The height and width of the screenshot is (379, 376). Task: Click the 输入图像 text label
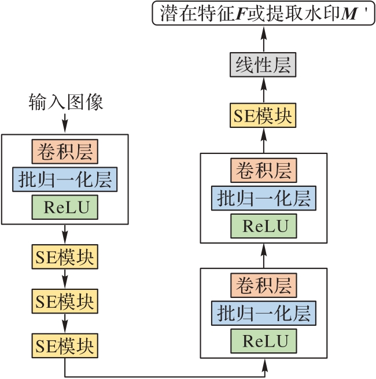pyautogui.click(x=65, y=102)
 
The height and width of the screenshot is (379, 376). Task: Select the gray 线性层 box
pyautogui.click(x=264, y=64)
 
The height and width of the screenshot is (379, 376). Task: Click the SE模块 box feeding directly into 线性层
pyautogui.click(x=264, y=116)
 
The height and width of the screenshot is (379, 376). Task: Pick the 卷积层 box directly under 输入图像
pyautogui.click(x=65, y=152)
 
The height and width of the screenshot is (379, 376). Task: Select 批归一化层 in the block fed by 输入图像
pyautogui.click(x=65, y=179)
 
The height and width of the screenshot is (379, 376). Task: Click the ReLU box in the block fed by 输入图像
pyautogui.click(x=65, y=207)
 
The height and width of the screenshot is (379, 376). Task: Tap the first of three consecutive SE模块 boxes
pyautogui.click(x=65, y=256)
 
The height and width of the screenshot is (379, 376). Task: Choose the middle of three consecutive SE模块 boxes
pyautogui.click(x=65, y=301)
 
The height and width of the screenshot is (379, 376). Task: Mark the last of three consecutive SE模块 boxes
pyautogui.click(x=65, y=345)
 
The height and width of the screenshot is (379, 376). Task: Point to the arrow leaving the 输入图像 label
pyautogui.click(x=65, y=122)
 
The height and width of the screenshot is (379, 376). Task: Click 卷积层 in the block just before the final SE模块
pyautogui.click(x=264, y=170)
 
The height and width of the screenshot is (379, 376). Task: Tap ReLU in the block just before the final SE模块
pyautogui.click(x=264, y=225)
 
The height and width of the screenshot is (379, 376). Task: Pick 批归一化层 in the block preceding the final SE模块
pyautogui.click(x=264, y=198)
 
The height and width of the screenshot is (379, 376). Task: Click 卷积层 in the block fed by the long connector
pyautogui.click(x=264, y=285)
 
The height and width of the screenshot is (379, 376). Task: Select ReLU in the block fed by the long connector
pyautogui.click(x=264, y=340)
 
